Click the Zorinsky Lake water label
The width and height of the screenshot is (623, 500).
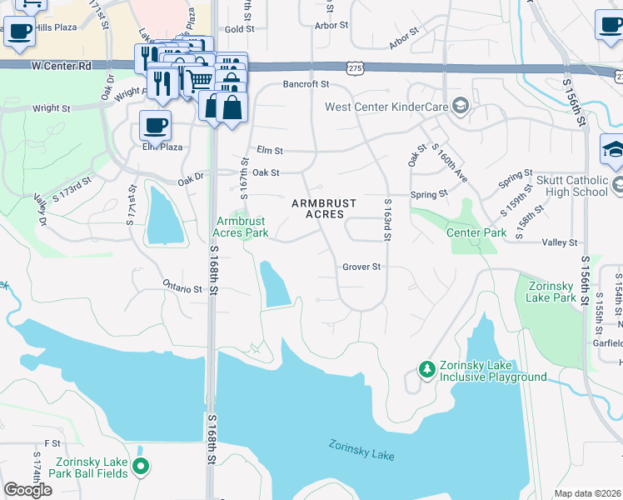click(x=361, y=450)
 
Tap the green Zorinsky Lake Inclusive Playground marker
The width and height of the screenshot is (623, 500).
click(x=426, y=367)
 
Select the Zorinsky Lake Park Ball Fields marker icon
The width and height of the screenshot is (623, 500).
click(x=141, y=467)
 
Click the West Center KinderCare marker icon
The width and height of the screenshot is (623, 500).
click(x=460, y=106)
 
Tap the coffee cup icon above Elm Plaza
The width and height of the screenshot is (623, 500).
click(x=155, y=125)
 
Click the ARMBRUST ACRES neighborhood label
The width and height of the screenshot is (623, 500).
click(x=324, y=208)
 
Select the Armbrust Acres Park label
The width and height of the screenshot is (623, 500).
click(x=242, y=227)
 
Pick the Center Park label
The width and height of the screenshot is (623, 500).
click(x=476, y=232)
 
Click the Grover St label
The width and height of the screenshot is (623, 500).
click(x=361, y=267)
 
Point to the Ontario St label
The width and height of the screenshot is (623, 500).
click(x=182, y=288)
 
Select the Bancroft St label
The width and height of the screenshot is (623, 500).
click(x=306, y=84)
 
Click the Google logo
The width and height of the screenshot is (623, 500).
click(x=27, y=490)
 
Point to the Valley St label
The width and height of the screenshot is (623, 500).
click(x=560, y=242)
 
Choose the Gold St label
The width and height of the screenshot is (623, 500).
click(x=239, y=29)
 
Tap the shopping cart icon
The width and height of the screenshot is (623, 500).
click(x=199, y=81)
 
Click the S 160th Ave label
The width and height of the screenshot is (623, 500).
click(x=448, y=163)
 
